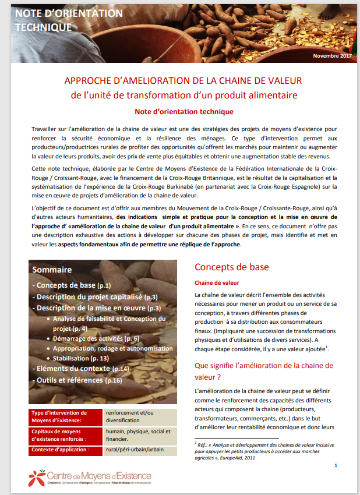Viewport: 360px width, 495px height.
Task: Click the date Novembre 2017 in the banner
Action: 332,55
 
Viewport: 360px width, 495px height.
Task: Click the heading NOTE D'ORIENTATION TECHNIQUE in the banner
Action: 69,20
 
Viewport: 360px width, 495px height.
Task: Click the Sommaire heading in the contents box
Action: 52,270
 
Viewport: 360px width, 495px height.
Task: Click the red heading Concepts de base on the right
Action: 231,267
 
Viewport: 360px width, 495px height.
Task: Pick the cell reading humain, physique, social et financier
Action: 138,435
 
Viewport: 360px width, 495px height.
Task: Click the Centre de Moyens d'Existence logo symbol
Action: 37,478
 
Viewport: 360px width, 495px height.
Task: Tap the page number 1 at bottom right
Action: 336,465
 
